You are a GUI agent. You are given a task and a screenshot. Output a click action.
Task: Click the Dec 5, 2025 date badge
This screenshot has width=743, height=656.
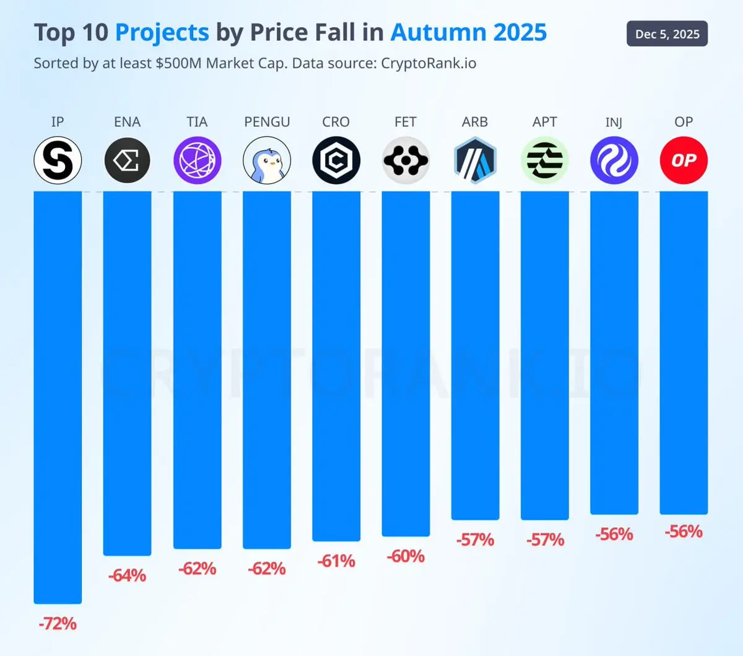(x=667, y=34)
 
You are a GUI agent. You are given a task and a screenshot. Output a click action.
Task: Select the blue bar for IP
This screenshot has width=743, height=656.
(x=58, y=396)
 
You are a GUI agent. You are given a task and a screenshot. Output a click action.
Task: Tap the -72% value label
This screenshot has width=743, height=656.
(x=58, y=623)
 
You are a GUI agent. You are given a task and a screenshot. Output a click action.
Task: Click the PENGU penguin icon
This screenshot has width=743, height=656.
(x=267, y=161)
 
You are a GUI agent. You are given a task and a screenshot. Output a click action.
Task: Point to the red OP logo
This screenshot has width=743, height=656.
(x=684, y=161)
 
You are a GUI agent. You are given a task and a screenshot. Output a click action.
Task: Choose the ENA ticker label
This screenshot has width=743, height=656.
(x=127, y=122)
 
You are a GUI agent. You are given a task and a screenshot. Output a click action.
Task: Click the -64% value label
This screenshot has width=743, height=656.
(x=127, y=575)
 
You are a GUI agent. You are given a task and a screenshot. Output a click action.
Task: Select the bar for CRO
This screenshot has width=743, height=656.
(x=336, y=365)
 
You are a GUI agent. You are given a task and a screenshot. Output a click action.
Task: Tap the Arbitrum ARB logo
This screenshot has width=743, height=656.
(x=475, y=161)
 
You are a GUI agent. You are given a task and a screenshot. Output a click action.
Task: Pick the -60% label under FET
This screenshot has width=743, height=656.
(x=406, y=556)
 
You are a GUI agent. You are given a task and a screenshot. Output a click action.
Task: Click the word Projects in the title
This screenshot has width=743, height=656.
(x=162, y=32)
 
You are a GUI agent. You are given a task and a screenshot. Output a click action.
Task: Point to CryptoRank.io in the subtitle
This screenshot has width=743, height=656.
(x=428, y=63)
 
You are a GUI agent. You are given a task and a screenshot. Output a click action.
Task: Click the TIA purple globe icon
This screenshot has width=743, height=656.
(x=197, y=161)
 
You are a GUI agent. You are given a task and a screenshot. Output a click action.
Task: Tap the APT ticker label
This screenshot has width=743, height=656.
(x=545, y=122)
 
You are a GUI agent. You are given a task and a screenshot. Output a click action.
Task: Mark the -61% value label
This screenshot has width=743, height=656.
(x=336, y=561)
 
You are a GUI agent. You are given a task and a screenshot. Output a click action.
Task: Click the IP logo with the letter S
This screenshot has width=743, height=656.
(x=58, y=161)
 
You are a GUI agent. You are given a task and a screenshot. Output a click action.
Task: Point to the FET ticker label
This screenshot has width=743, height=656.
(x=406, y=122)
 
